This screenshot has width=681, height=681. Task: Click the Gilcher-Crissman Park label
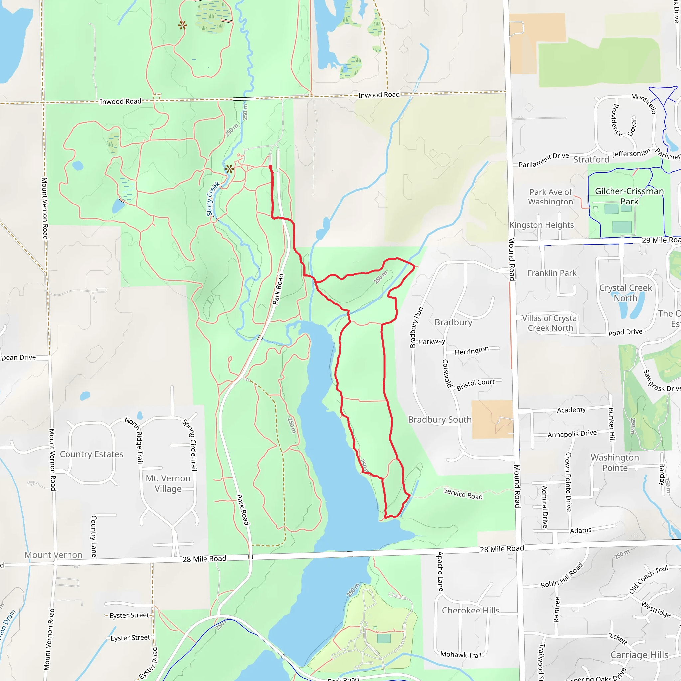pyautogui.click(x=629, y=196)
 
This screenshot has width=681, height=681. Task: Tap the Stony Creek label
pyautogui.click(x=213, y=199)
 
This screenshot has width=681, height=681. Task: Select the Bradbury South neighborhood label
pyautogui.click(x=440, y=419)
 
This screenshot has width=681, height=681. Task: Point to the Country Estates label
pyautogui.click(x=91, y=454)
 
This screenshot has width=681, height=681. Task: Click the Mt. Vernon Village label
pyautogui.click(x=168, y=483)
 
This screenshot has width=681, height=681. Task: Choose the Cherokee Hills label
pyautogui.click(x=471, y=610)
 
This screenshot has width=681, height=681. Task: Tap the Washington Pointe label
pyautogui.click(x=615, y=463)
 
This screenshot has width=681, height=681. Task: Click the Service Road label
pyautogui.click(x=463, y=493)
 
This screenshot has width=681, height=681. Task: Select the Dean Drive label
pyautogui.click(x=18, y=357)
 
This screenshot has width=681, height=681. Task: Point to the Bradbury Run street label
pyautogui.click(x=416, y=327)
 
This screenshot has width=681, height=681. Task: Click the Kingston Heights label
pyautogui.click(x=541, y=225)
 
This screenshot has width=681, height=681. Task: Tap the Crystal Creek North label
pyautogui.click(x=625, y=293)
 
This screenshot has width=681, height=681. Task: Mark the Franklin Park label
pyautogui.click(x=552, y=273)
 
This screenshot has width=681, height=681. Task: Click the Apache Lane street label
pyautogui.click(x=440, y=571)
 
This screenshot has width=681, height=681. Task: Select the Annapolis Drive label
pyautogui.click(x=572, y=434)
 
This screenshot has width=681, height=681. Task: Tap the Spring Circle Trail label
pyautogui.click(x=190, y=445)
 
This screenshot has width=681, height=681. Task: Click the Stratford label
pyautogui.click(x=591, y=159)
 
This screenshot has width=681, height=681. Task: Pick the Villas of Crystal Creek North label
pyautogui.click(x=550, y=323)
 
